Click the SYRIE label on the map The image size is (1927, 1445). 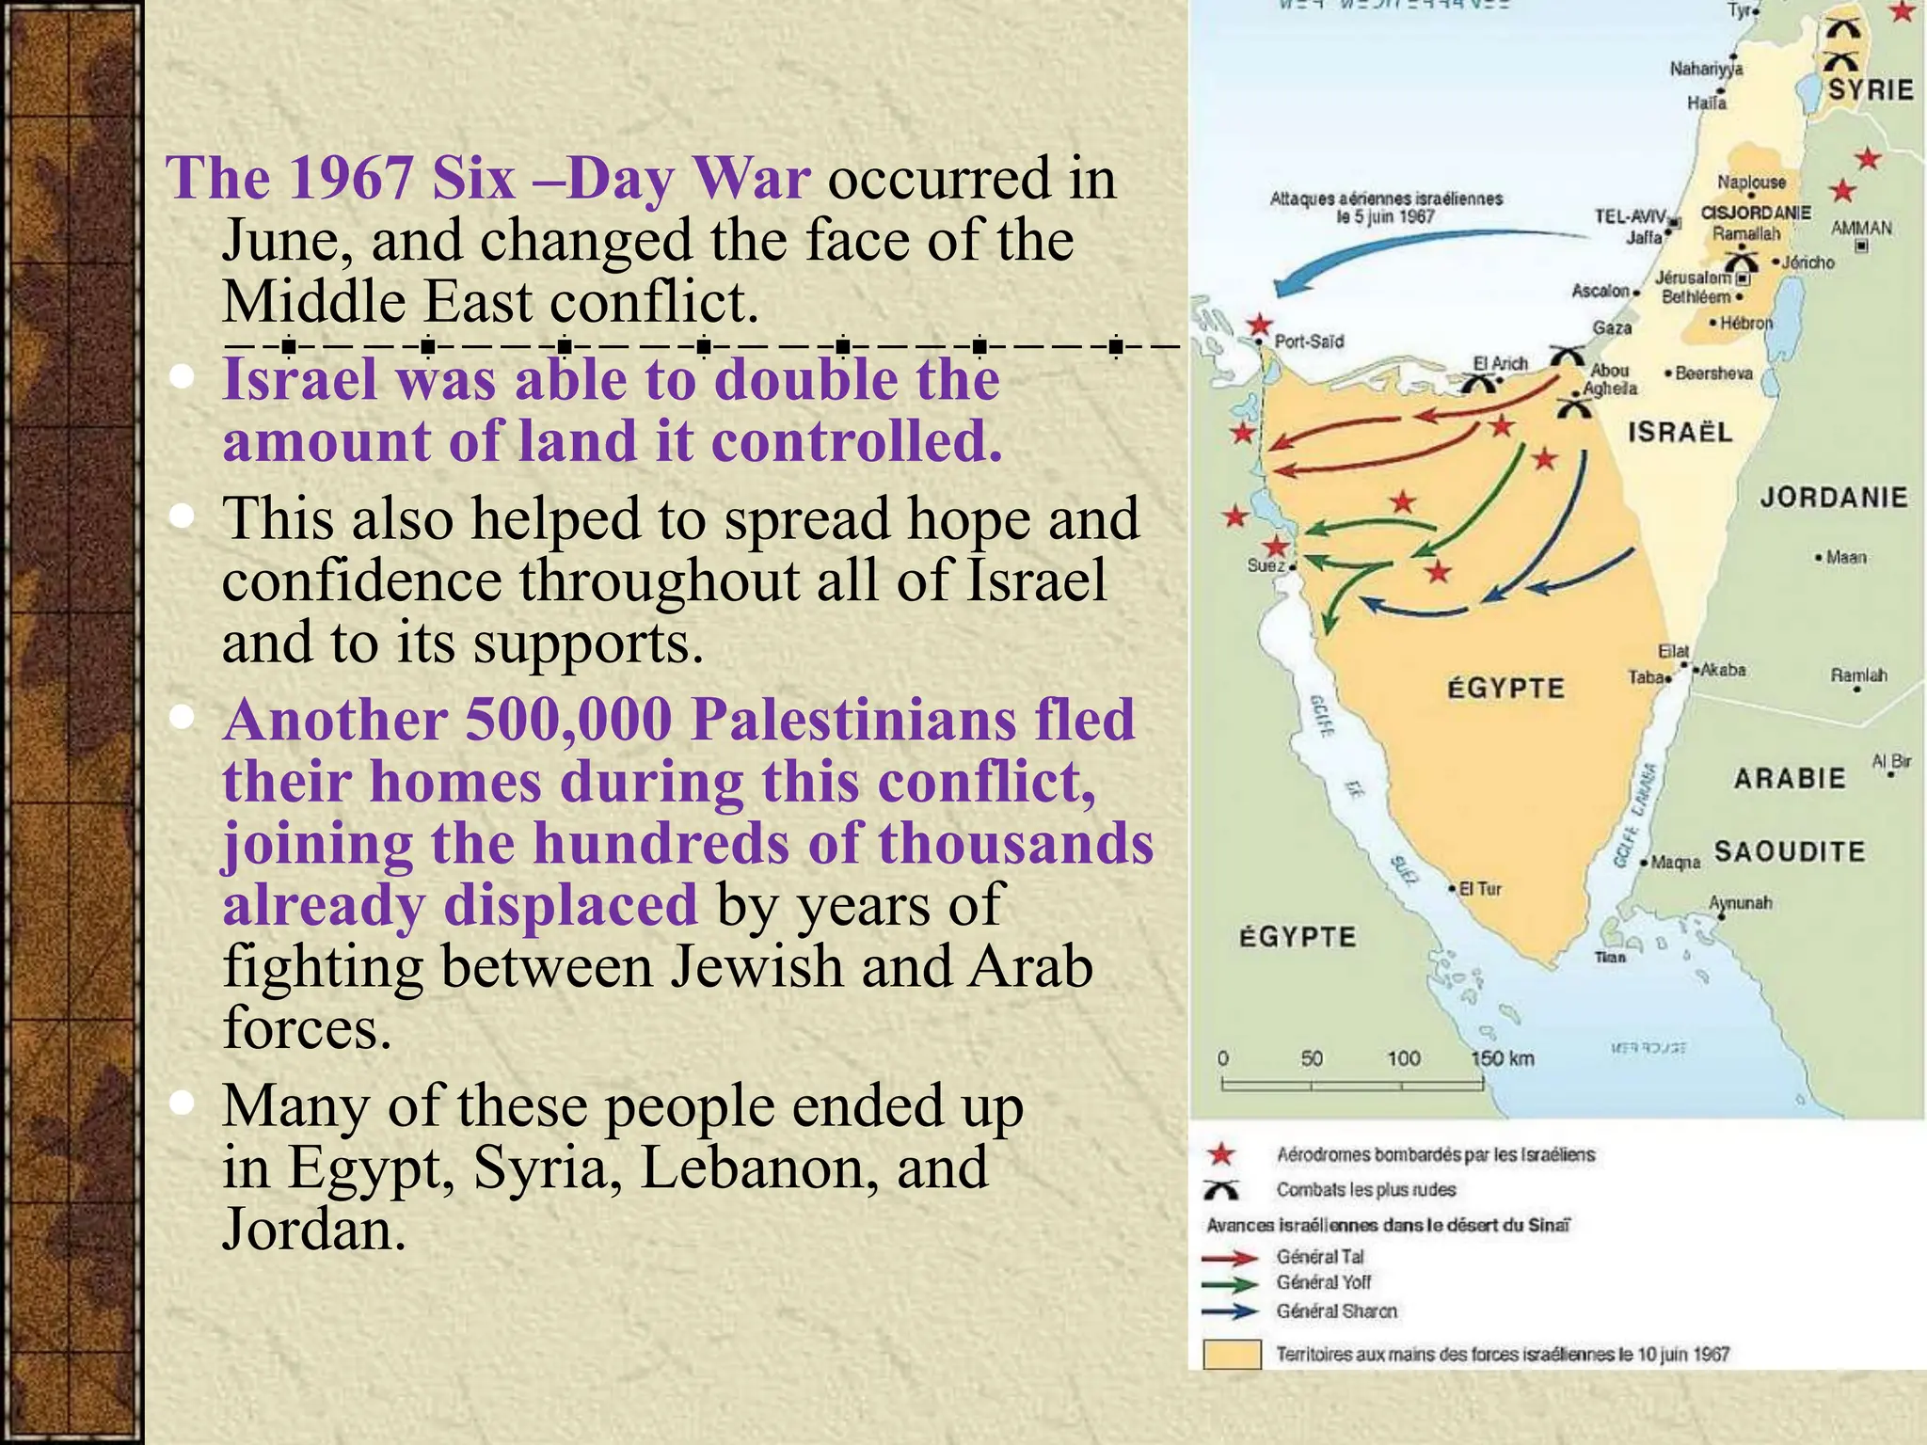click(1871, 90)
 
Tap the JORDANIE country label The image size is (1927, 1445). click(1833, 497)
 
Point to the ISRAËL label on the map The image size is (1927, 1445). click(1680, 433)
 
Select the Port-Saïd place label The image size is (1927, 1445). click(1309, 341)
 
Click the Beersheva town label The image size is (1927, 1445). click(1713, 373)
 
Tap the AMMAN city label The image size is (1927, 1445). click(1861, 228)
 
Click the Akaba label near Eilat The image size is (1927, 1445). click(1723, 670)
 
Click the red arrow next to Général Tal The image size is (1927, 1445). click(1231, 1258)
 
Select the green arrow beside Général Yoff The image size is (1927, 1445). click(1231, 1284)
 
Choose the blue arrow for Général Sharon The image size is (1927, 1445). click(1231, 1311)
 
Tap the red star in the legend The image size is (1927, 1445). click(1221, 1155)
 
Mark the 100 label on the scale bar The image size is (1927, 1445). click(1403, 1058)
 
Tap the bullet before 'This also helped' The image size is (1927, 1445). click(183, 516)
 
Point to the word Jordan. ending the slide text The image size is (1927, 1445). click(314, 1230)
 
